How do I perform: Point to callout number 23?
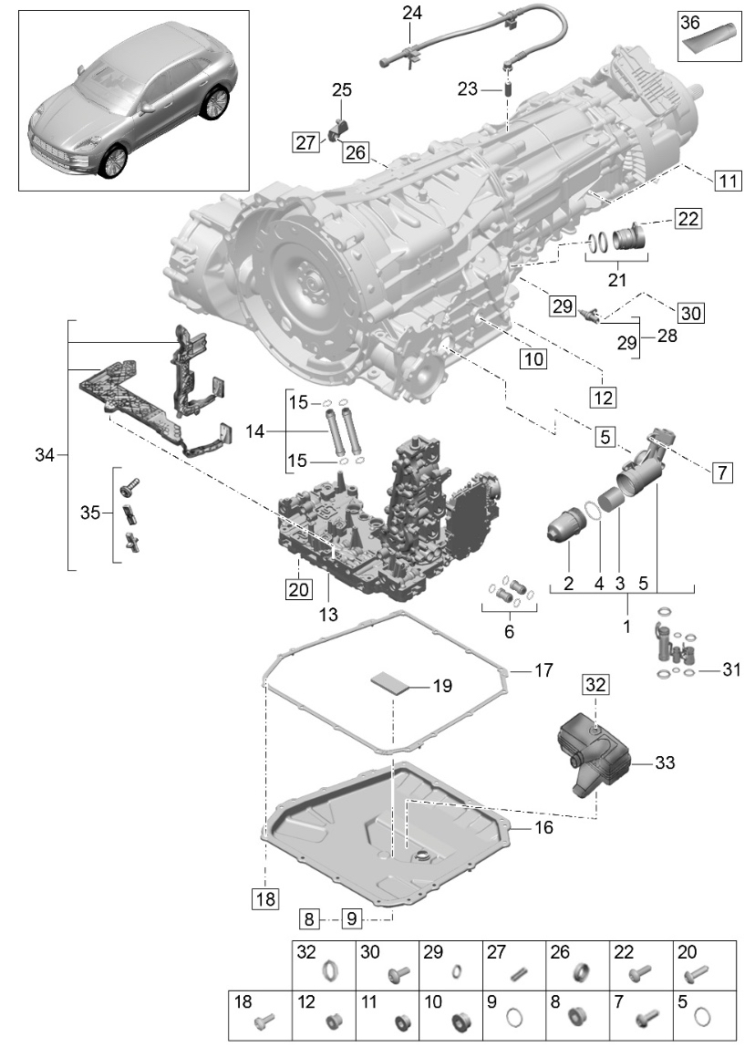468,90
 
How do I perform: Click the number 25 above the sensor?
341,91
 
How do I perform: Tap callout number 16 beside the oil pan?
543,828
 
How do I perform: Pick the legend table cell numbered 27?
513,965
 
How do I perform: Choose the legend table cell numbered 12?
322,1015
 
